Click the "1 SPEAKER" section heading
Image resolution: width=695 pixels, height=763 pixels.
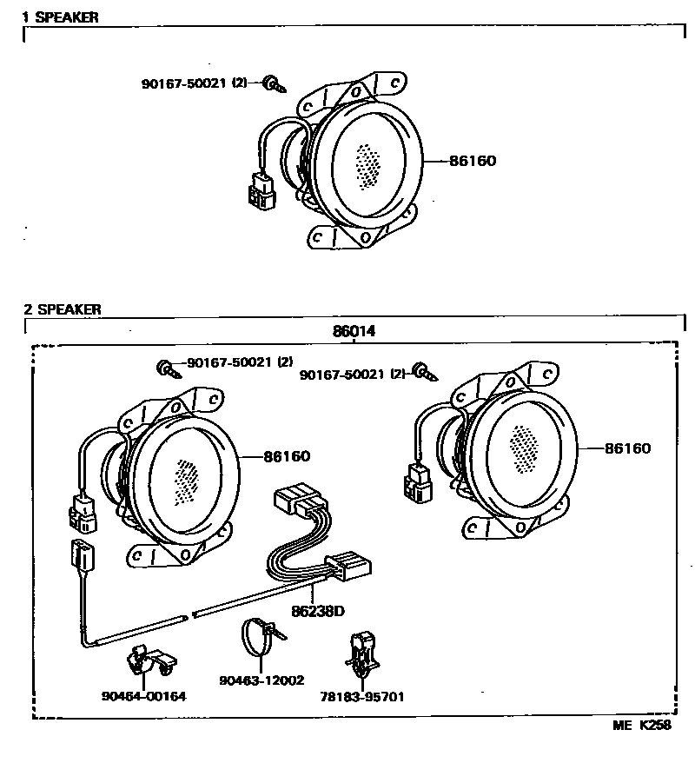(60, 17)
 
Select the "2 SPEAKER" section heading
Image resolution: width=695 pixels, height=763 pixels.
(62, 309)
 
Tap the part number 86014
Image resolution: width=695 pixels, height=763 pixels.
(354, 331)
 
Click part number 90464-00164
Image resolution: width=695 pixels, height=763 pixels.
(143, 696)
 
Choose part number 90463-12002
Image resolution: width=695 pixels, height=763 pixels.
(262, 680)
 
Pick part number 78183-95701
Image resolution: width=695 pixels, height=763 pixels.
(363, 696)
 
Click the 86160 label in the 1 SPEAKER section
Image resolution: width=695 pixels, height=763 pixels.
(473, 161)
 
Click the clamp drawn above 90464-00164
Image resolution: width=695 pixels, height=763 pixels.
(149, 661)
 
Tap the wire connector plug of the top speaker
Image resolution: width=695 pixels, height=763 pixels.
(261, 189)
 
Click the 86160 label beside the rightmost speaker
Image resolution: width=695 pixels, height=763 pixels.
(627, 448)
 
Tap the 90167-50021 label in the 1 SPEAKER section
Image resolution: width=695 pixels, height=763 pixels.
(193, 83)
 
